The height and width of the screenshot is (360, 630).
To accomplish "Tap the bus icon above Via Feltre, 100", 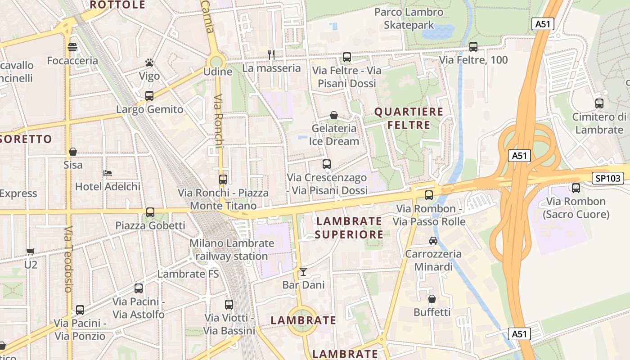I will tap(473, 46).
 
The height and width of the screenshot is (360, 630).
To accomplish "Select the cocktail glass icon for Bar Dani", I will tap(303, 271).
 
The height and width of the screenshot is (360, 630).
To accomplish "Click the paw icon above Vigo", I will tap(149, 63).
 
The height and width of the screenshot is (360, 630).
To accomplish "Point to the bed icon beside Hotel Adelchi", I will tap(108, 173).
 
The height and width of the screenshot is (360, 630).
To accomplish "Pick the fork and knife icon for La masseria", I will tap(271, 55).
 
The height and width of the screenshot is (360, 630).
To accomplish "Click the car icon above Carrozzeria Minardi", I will tap(433, 241).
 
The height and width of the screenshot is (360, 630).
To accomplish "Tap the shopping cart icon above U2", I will tap(30, 252).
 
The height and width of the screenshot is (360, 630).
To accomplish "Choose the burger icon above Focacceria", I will tap(72, 47).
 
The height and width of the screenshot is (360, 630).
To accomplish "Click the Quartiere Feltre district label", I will tap(409, 118).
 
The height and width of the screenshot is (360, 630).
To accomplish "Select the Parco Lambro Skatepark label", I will tap(409, 18).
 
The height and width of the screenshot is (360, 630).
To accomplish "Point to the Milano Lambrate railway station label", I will tap(231, 250).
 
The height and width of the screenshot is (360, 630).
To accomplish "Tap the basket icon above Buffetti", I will tap(432, 299).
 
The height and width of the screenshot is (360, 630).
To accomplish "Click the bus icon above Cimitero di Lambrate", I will tap(599, 103).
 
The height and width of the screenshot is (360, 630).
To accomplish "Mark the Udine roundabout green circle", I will tap(216, 62).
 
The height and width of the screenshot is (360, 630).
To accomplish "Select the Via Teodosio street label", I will tap(68, 259).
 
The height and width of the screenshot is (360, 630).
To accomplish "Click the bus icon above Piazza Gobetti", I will tap(150, 212).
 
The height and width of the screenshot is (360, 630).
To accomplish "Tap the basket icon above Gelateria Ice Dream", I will tap(334, 115).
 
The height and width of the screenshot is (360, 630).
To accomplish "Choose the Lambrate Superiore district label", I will tap(349, 228).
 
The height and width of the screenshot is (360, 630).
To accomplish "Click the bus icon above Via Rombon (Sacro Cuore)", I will tap(576, 188).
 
